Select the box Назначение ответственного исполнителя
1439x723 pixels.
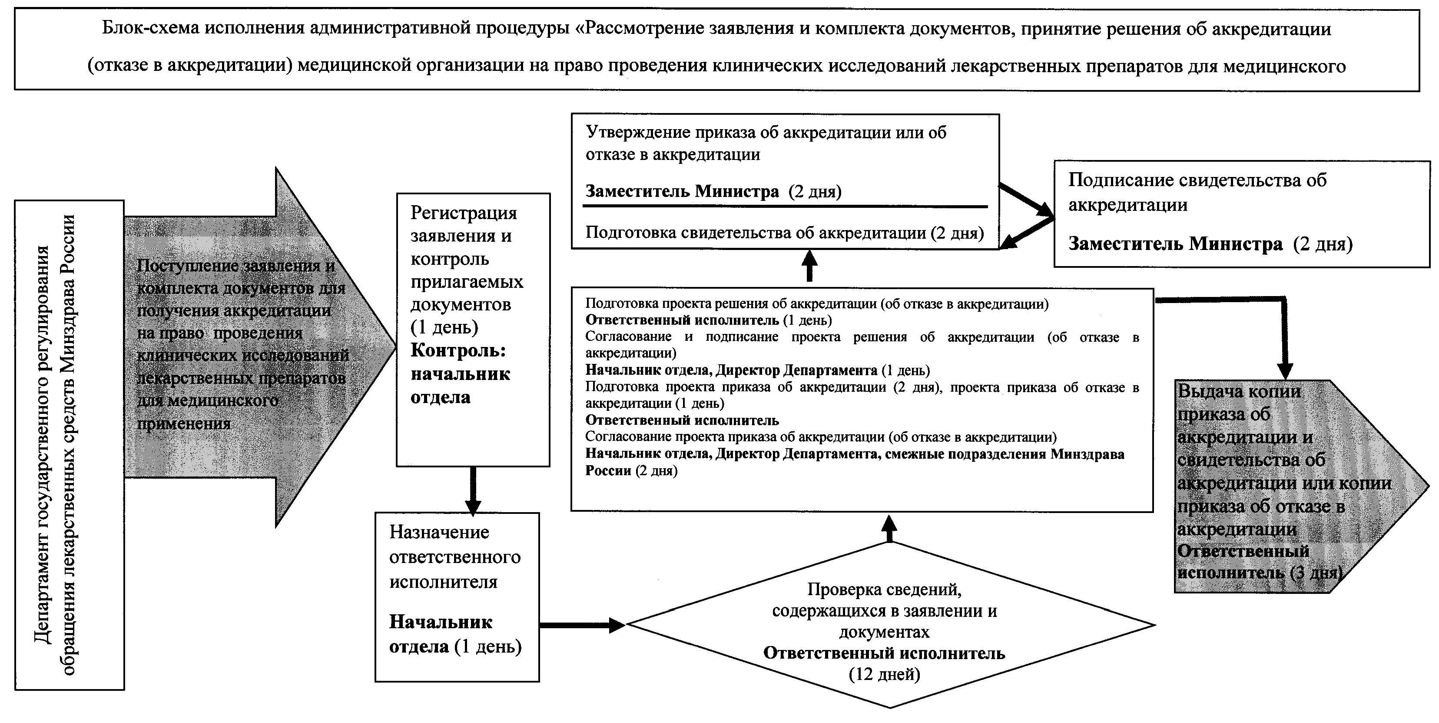pos(457,596)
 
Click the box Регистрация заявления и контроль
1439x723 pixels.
pos(473,330)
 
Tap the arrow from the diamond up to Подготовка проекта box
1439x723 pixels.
pos(889,528)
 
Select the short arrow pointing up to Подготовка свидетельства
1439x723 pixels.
pos(809,266)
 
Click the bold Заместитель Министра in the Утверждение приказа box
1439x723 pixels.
pos(682,192)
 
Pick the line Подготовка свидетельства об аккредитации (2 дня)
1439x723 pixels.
pos(784,233)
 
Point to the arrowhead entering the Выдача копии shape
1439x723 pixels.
pos(1285,372)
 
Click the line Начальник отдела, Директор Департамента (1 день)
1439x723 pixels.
pos(757,370)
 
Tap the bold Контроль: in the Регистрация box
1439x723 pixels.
pos(458,350)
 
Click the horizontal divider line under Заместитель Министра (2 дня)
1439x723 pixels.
pos(784,207)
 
